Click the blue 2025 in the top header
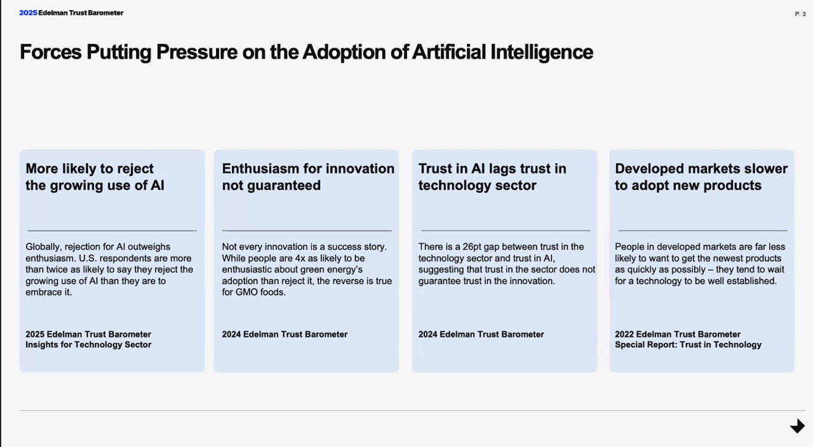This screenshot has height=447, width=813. point(28,13)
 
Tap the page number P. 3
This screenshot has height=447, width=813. point(800,14)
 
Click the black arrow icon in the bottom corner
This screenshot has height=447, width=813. point(797,426)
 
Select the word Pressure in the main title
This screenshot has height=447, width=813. point(197,52)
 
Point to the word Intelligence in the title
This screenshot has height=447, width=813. point(542,53)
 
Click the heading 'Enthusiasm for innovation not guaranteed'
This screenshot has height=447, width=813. point(308,177)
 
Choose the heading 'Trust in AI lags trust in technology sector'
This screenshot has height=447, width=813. point(492,177)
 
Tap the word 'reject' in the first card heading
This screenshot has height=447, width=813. point(135,169)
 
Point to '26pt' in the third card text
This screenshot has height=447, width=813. point(471,247)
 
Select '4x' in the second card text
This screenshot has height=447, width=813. point(300,258)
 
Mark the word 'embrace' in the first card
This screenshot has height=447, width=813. point(44,292)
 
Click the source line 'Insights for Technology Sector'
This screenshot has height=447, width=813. point(88,345)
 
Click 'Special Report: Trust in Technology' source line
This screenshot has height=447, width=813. point(688,345)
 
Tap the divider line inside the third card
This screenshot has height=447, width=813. point(506,230)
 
